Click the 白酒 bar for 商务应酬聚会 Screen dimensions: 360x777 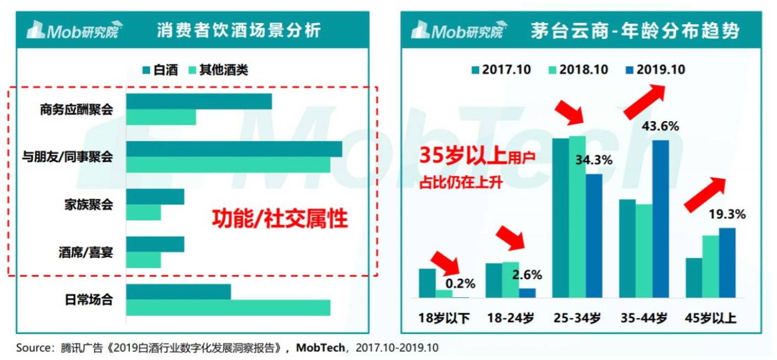pos(199,101)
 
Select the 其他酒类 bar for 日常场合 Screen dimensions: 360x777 pos(228,308)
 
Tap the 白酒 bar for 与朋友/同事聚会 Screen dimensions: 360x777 pos(234,149)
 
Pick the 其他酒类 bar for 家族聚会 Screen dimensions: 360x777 pos(144,212)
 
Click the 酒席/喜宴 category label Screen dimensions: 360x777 pos(86,253)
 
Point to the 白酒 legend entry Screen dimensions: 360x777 pos(160,70)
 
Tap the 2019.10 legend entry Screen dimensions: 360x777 pos(655,69)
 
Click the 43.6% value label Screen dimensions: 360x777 pos(660,126)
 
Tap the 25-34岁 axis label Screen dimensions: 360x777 pos(577,318)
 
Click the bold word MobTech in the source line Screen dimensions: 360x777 pos(321,348)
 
